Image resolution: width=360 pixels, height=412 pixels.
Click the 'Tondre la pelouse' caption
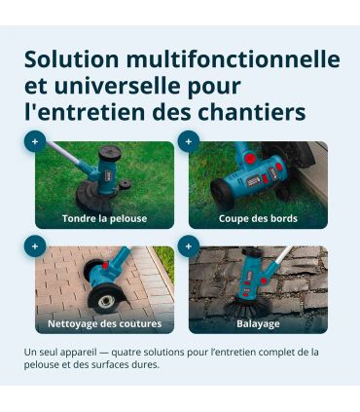pos(104,218)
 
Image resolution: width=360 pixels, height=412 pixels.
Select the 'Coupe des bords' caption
pos(258,218)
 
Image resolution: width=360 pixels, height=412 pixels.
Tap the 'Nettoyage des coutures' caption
pos(104,323)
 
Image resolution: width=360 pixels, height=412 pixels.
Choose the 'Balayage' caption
pos(258,323)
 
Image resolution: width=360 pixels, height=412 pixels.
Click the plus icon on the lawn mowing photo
pos(35,141)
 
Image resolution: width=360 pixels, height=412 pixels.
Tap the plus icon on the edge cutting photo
pos(189,141)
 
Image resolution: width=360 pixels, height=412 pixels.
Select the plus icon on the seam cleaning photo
pos(35,246)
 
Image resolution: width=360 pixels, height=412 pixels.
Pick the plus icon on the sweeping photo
pos(189,246)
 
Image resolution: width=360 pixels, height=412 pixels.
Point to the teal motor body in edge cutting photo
pos(248,175)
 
